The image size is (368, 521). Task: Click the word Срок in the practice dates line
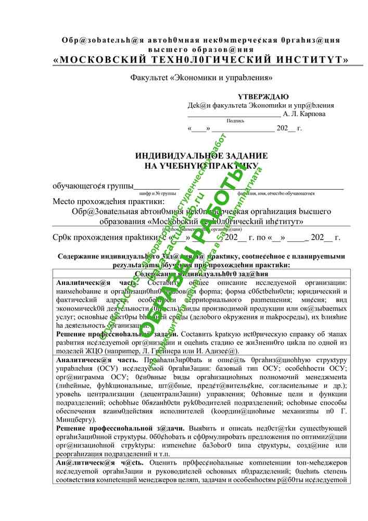[x=64, y=238]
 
